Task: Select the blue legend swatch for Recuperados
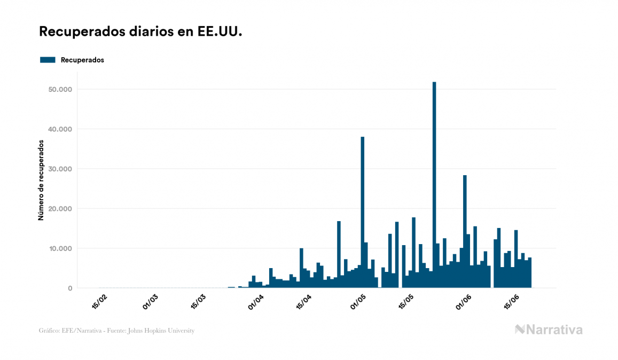click(x=48, y=60)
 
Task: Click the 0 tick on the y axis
click(x=69, y=288)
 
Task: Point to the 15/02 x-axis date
click(x=100, y=301)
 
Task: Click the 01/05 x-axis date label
click(x=359, y=301)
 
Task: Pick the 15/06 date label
click(x=512, y=301)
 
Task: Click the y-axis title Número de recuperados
click(x=41, y=181)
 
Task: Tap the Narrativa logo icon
click(x=520, y=330)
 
